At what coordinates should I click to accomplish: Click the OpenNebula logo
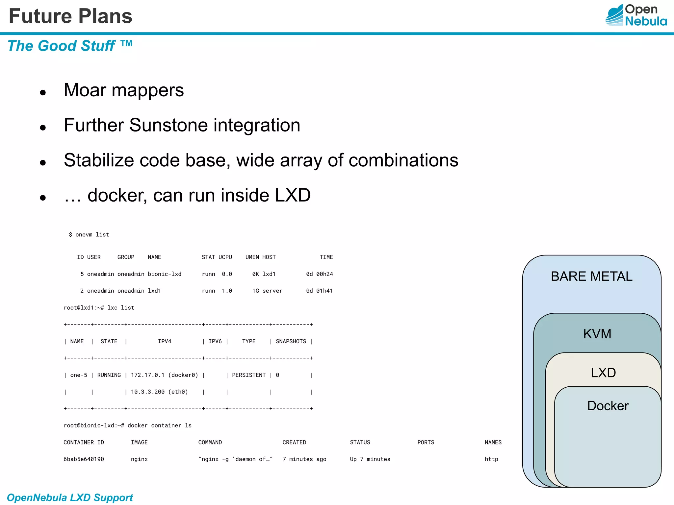[636, 15]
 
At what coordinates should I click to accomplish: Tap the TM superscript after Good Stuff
[126, 43]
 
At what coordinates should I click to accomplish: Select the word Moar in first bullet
[85, 90]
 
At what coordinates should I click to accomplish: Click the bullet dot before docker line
[43, 198]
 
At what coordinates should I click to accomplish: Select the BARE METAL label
[591, 276]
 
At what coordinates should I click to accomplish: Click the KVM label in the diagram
[597, 334]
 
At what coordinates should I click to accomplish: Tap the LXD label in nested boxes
[603, 373]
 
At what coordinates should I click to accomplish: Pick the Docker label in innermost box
[608, 406]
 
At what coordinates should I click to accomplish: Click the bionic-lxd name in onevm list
[165, 274]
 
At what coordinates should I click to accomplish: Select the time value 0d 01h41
[319, 291]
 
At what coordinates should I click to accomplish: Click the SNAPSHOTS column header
[291, 341]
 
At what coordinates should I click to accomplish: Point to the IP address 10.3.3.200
[148, 392]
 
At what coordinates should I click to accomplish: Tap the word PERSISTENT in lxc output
[249, 375]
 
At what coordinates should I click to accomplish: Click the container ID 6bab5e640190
[84, 459]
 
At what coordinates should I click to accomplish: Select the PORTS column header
[426, 442]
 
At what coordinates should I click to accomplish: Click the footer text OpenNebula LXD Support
[70, 497]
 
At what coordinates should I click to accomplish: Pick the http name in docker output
[491, 459]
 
